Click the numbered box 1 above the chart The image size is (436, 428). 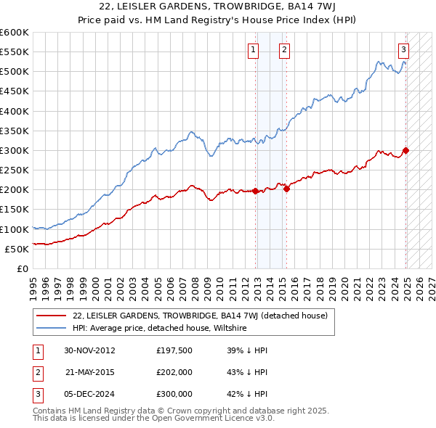(253, 50)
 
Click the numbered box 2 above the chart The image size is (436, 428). (283, 50)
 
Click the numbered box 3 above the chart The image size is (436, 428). (403, 50)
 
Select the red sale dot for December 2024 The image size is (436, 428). (406, 151)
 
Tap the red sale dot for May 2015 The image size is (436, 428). (286, 189)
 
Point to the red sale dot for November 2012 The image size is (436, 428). (256, 191)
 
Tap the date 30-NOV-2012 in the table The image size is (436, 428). (90, 350)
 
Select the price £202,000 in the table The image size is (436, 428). (174, 372)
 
